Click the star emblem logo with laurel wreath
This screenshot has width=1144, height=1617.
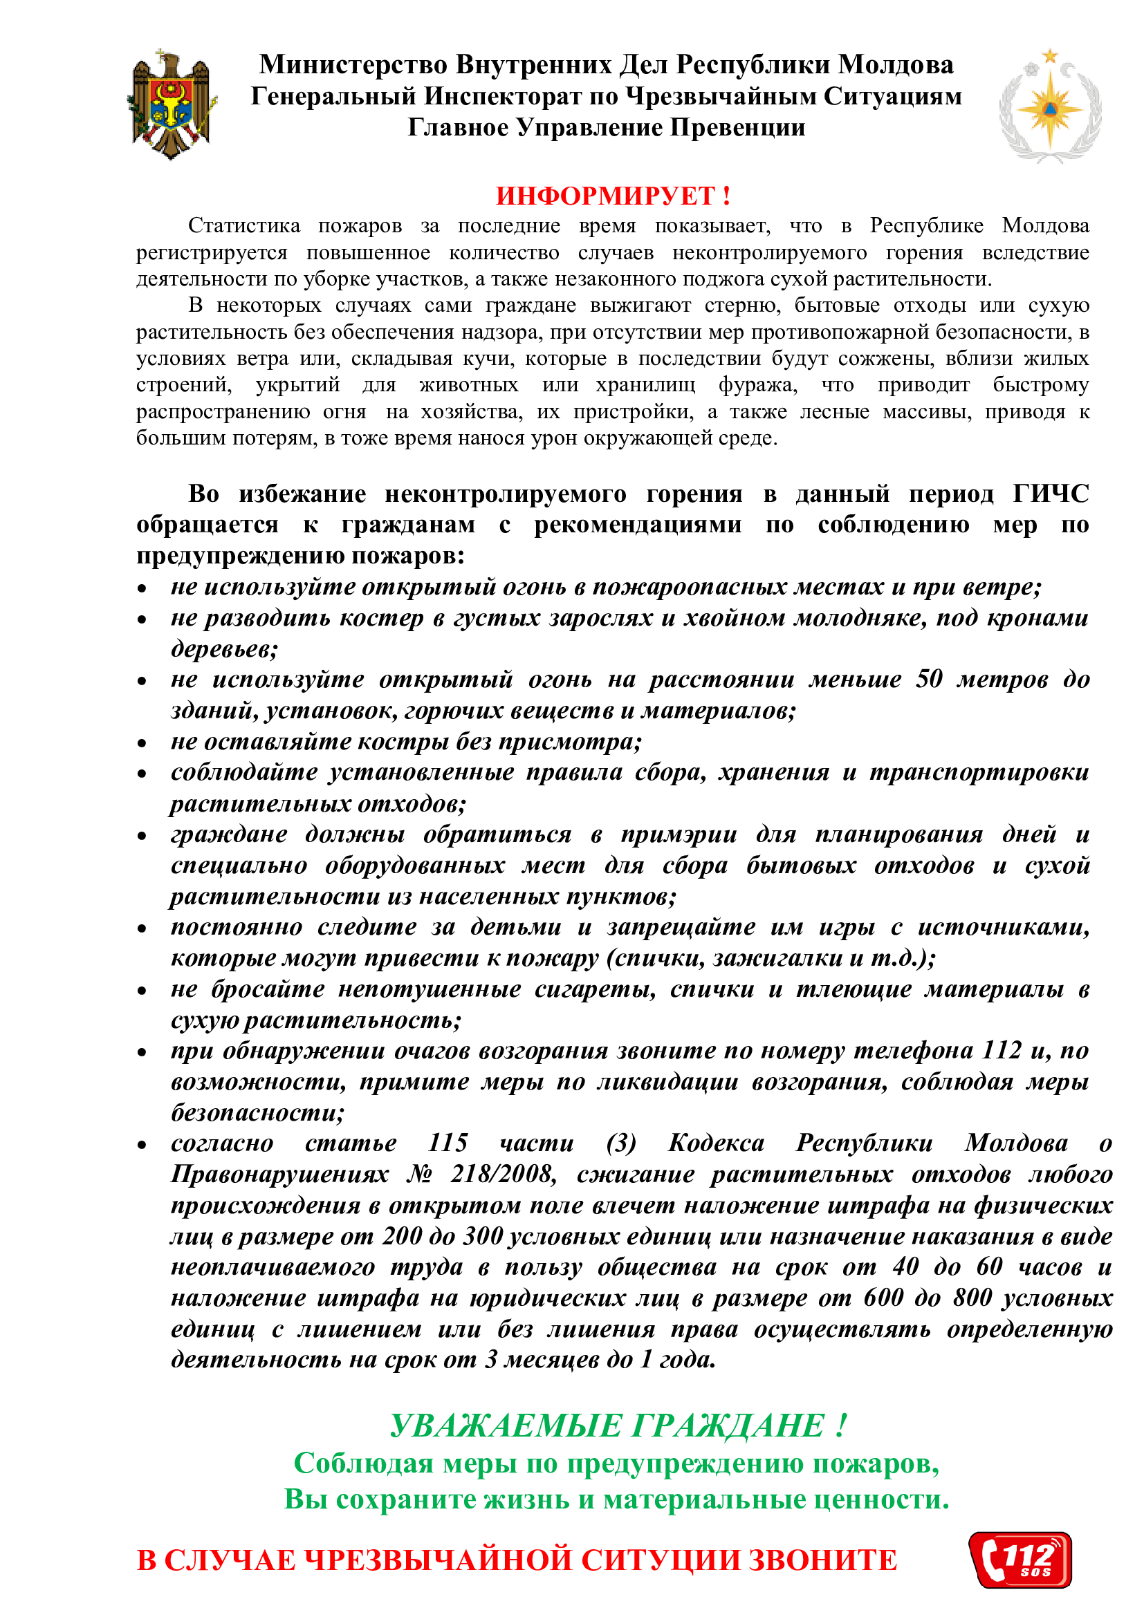pos(1050,106)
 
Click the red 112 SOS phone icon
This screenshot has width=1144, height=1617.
pos(1020,1559)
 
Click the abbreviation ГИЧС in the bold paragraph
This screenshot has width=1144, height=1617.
pos(1051,494)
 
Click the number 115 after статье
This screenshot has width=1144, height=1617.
pos(448,1142)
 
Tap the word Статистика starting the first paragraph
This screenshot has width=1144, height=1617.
pos(243,225)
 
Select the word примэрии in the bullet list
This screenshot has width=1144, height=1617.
pos(679,834)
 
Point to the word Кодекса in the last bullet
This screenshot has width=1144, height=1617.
pos(716,1142)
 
